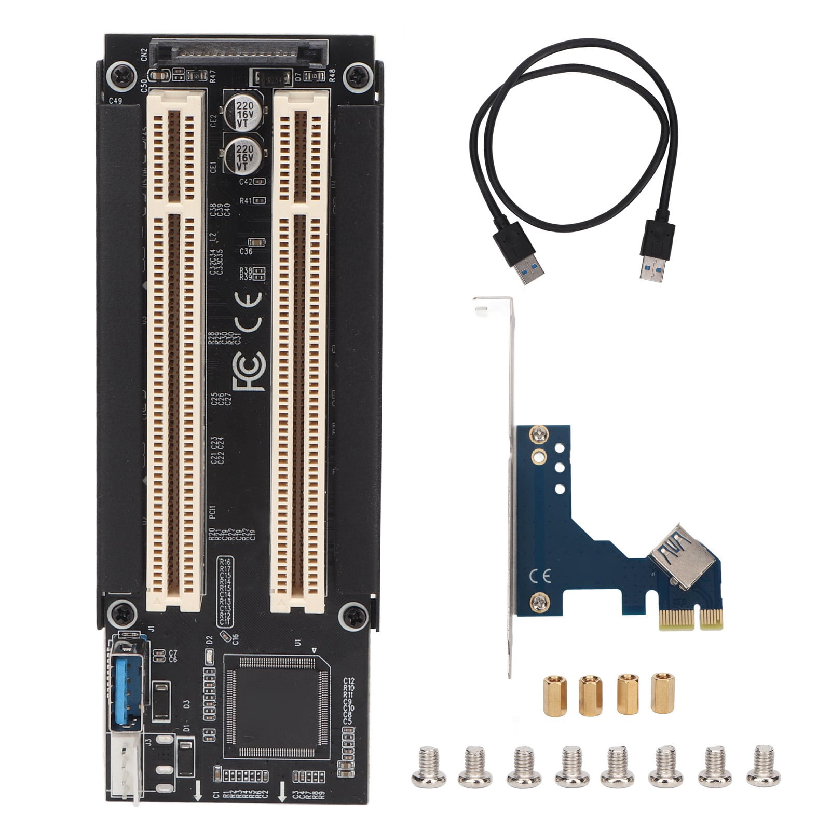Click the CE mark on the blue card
pos(540,576)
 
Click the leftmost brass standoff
pos(554,696)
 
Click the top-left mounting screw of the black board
pos(121,76)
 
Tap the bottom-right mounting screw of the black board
pos(355,617)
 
